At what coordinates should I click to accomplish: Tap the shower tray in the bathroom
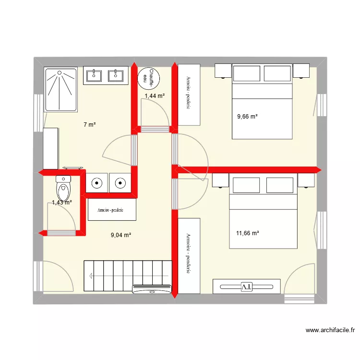[x=60, y=89]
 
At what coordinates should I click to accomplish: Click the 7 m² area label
[x=90, y=125]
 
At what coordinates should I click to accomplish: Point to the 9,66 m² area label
[x=248, y=116]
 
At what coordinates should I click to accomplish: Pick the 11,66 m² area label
[x=248, y=233]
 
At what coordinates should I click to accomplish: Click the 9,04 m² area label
[x=121, y=235]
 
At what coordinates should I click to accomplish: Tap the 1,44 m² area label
[x=155, y=96]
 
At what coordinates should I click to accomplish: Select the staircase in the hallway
[x=128, y=276]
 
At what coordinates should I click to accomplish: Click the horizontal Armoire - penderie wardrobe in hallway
[x=112, y=210]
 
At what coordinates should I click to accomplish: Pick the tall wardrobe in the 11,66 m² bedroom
[x=189, y=255]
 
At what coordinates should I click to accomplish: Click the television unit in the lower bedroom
[x=247, y=286]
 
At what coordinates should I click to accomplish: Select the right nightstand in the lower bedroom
[x=305, y=180]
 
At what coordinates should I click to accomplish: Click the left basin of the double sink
[x=94, y=75]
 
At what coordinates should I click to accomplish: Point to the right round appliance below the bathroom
[x=120, y=183]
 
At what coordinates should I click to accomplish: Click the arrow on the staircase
[x=91, y=276]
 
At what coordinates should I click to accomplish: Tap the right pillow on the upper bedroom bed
[x=277, y=73]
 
